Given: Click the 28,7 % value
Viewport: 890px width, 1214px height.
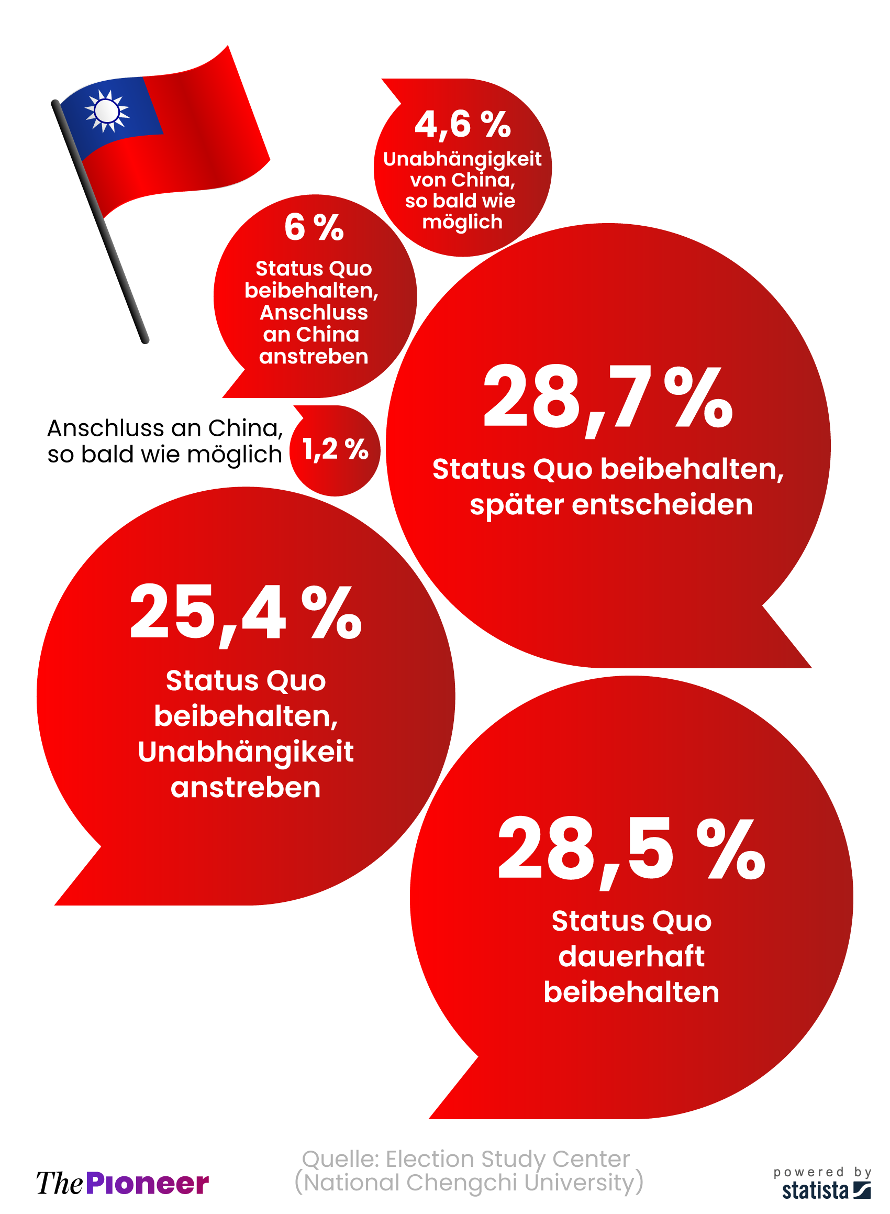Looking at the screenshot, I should point(607,397).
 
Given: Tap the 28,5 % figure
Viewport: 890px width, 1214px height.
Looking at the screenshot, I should point(631,849).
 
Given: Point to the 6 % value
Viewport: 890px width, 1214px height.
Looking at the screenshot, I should point(314,227).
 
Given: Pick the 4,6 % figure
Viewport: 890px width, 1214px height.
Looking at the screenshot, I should point(462,124).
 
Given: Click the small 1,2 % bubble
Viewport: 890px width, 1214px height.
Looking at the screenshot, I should point(335,450).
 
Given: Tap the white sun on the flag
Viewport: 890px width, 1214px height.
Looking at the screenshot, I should point(107,111).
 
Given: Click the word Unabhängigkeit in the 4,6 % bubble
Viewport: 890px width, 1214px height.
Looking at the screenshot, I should point(462,159).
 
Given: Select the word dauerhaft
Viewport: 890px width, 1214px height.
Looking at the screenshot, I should point(631,956).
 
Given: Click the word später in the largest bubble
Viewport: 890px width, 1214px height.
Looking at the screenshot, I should point(516,505).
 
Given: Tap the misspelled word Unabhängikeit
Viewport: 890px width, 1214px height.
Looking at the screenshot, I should point(246,752).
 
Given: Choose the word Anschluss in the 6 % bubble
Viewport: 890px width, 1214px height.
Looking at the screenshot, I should point(314,313).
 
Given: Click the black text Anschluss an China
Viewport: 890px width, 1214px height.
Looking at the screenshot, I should point(164,428).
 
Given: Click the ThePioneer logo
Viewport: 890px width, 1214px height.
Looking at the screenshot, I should point(123,1183).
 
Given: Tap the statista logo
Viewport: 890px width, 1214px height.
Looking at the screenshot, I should point(826,1190).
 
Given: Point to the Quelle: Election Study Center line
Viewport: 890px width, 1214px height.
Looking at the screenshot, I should point(465,1158).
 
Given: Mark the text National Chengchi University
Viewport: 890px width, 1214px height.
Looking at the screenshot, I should point(469,1183).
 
